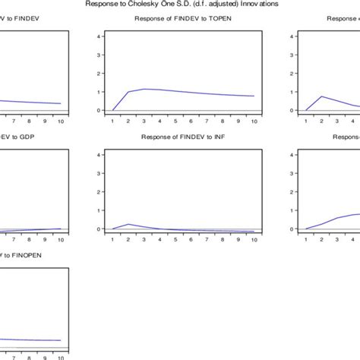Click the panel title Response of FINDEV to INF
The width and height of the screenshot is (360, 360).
tap(180, 136)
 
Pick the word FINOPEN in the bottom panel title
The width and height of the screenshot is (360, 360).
tap(23, 254)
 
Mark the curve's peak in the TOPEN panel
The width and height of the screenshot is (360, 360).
tap(144, 89)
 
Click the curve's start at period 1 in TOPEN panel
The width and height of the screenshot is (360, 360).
tap(113, 110)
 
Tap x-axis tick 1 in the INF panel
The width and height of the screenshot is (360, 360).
tap(113, 240)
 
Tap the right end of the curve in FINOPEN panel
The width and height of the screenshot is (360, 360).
tap(61, 340)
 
